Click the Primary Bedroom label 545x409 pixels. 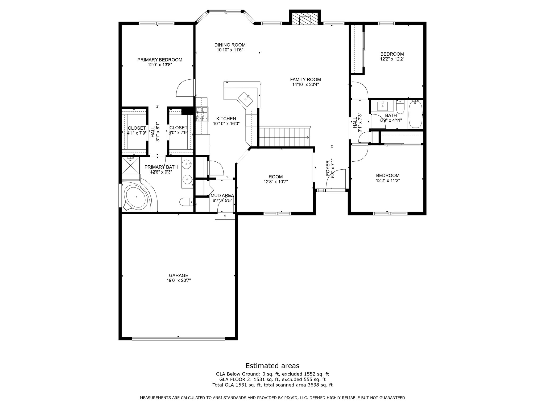[160, 60]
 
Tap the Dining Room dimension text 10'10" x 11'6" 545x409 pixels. [230, 50]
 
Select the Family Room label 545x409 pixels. [305, 79]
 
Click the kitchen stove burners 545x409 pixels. [202, 114]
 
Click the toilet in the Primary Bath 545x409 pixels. [186, 202]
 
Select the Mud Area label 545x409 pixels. [222, 195]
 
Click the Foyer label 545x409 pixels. [328, 168]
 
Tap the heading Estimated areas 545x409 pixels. [272, 365]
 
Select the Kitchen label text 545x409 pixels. [226, 118]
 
